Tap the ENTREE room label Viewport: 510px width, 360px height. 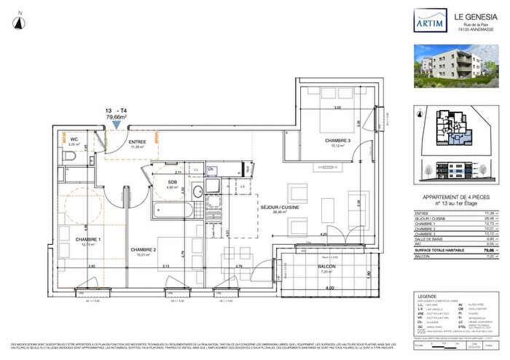click(138, 141)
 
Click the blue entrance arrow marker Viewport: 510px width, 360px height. click(117, 125)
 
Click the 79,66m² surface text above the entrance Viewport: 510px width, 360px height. click(117, 116)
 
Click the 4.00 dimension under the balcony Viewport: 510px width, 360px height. click(329, 289)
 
